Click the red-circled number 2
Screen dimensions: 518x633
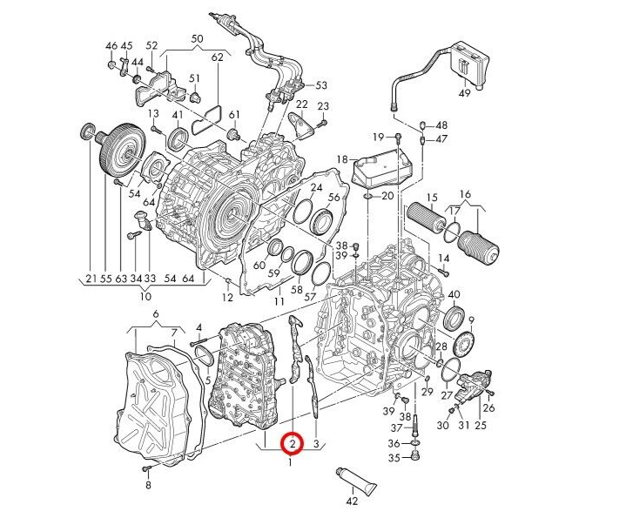293,444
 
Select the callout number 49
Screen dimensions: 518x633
464,93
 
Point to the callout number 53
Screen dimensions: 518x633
321,85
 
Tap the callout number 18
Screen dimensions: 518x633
341,159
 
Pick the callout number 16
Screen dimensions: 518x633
465,193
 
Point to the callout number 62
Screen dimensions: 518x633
217,57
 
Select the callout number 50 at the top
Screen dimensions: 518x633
197,39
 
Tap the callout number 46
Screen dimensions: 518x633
111,45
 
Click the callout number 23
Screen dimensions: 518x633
322,106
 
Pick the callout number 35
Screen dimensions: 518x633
394,458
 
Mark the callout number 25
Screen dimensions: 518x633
480,425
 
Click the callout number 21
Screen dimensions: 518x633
90,279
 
